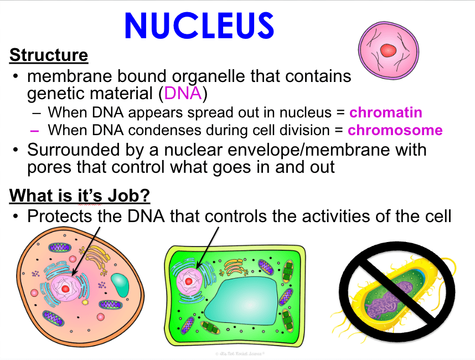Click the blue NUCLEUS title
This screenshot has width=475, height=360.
pos(199,26)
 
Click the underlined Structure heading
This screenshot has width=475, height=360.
pos(49,55)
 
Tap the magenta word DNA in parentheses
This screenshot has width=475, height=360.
pos(183,93)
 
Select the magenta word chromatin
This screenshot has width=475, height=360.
pos(386,112)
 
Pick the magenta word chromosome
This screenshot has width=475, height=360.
pos(395,130)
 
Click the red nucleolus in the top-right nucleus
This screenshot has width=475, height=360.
pos(389,50)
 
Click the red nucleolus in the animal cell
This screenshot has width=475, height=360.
pos(65,289)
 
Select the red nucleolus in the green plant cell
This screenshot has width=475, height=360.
pos(188,281)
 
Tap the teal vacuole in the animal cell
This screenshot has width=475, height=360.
pos(120,285)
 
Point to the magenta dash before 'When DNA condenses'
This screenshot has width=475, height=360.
pos(34,131)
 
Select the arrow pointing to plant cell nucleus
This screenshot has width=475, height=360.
pos(208,248)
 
